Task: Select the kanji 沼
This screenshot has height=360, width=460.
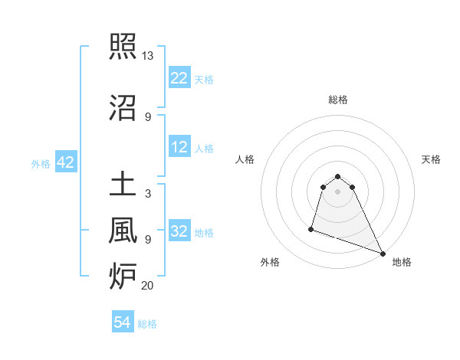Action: click(123, 106)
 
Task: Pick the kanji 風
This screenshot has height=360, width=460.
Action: click(123, 228)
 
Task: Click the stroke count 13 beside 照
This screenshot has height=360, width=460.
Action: click(148, 56)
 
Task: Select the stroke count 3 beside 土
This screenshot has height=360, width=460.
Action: click(147, 194)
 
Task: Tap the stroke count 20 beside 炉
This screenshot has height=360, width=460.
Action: click(148, 286)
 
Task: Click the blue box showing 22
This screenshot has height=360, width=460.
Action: click(179, 78)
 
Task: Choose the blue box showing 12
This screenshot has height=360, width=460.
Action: click(179, 148)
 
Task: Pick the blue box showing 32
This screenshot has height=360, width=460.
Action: click(179, 231)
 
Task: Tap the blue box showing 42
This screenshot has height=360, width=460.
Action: click(65, 162)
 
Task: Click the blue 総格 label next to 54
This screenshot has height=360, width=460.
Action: click(147, 324)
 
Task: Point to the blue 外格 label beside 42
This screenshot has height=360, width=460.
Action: click(41, 163)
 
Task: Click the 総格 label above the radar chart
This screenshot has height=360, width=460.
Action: click(338, 100)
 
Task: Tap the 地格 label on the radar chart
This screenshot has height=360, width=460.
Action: click(402, 262)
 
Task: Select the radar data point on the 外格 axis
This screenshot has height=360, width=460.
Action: click(311, 228)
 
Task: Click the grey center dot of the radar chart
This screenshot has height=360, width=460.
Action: click(338, 191)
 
